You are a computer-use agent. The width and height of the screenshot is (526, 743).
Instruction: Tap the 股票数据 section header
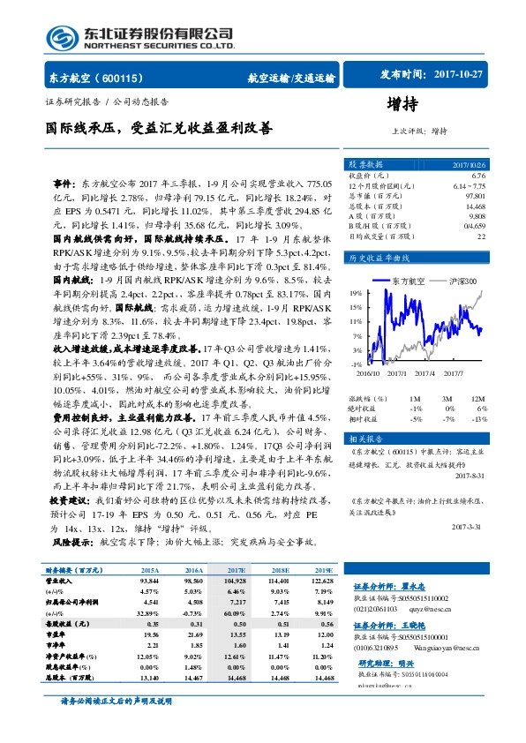click(x=365, y=165)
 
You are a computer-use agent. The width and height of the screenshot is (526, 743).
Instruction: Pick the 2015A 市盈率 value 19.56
click(x=148, y=634)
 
